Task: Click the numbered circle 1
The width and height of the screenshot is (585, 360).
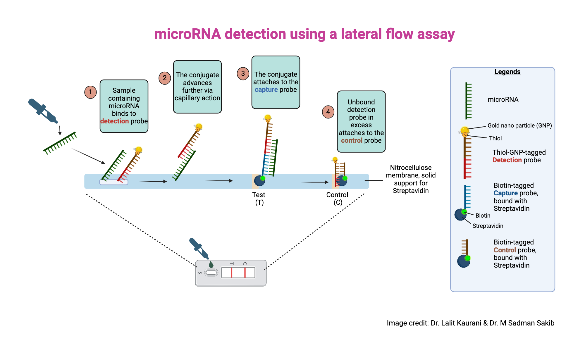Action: click(x=90, y=92)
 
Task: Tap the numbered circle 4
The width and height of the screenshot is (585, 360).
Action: click(x=328, y=112)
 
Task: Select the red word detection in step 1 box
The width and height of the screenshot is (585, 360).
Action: click(x=114, y=121)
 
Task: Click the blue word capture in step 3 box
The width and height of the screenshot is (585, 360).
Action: click(x=266, y=90)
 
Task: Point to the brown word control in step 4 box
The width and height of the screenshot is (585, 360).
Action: click(x=352, y=141)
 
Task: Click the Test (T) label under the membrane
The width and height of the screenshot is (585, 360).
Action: click(x=259, y=199)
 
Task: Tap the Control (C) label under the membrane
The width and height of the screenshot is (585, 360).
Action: click(x=337, y=199)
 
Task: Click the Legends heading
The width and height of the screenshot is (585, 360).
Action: click(x=507, y=72)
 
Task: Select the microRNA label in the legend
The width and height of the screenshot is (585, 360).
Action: click(x=503, y=100)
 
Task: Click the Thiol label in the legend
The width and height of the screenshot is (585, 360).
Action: click(x=495, y=138)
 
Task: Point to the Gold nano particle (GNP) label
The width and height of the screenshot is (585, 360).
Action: click(x=519, y=125)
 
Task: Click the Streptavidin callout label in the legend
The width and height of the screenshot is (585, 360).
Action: click(x=488, y=226)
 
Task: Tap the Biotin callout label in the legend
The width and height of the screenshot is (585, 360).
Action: click(x=483, y=216)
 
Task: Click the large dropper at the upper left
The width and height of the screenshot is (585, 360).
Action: click(x=43, y=111)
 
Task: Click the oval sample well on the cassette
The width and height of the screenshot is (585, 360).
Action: click(x=211, y=273)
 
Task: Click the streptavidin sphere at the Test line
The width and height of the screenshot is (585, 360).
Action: click(x=259, y=181)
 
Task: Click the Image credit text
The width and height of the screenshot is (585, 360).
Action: click(x=470, y=323)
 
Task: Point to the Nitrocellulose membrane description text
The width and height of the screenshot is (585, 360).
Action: click(x=411, y=179)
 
